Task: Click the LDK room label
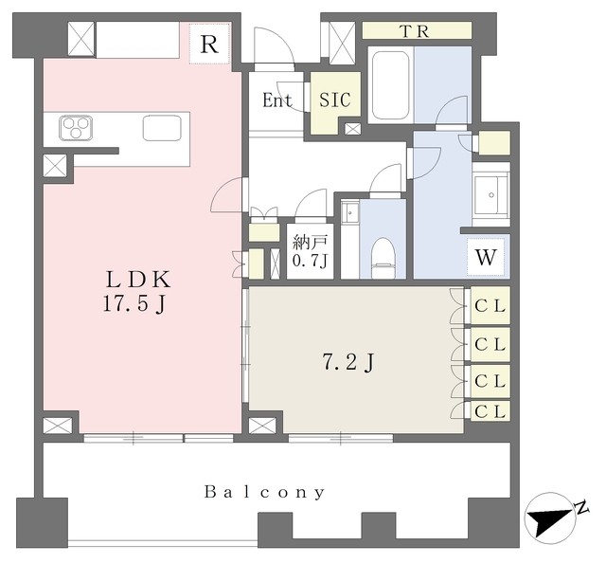point(138,280)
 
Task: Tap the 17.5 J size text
point(134,303)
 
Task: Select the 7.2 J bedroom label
point(348,363)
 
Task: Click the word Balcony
point(264,492)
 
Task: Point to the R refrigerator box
point(209,44)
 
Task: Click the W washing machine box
point(486,257)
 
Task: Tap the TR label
point(416,31)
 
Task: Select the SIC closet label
point(335,100)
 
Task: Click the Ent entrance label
point(277,100)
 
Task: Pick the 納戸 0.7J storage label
point(310,251)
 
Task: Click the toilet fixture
point(383,258)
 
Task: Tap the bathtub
point(390,85)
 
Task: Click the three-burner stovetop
point(76,128)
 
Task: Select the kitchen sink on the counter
point(162,128)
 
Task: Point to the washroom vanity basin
point(491,194)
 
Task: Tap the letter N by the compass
point(581,506)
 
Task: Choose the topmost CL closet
point(490,306)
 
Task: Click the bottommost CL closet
point(490,411)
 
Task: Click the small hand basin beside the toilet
point(350,212)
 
